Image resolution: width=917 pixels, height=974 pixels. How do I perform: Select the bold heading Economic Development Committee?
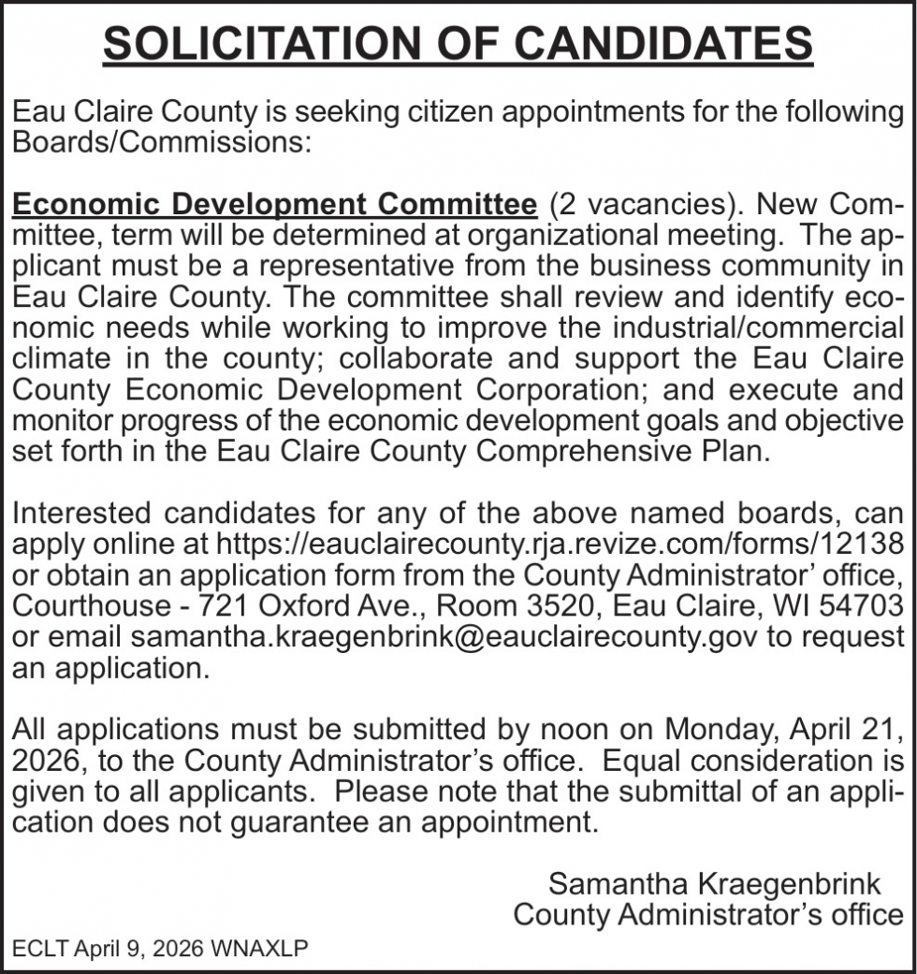(x=274, y=204)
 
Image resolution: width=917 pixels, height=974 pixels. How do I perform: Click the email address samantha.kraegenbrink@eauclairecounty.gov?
(x=445, y=637)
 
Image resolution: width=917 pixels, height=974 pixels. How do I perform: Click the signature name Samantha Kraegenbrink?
(x=714, y=882)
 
